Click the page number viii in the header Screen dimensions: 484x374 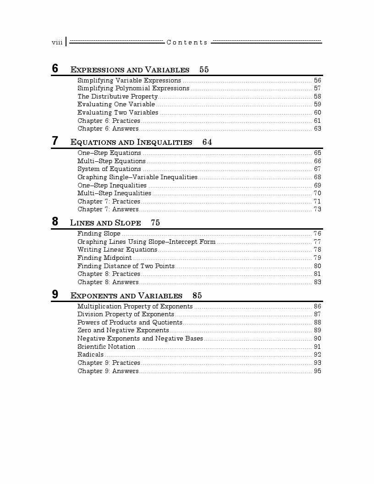(x=57, y=43)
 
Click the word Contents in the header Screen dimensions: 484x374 (x=187, y=43)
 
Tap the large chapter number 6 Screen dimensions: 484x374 (x=55, y=69)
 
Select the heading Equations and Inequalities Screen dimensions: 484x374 (x=131, y=142)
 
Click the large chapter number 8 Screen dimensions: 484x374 (x=55, y=222)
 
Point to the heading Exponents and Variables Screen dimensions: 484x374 (x=126, y=296)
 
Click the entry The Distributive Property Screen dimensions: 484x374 (x=117, y=97)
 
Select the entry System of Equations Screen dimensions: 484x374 (x=109, y=169)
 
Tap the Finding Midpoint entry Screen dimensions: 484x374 (x=104, y=258)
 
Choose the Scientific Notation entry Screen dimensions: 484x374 (x=106, y=346)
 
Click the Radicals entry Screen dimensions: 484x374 (x=90, y=355)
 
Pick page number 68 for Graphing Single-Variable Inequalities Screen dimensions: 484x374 (x=317, y=177)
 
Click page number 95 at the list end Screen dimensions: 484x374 (x=317, y=371)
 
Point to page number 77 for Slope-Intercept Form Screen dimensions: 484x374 (x=317, y=242)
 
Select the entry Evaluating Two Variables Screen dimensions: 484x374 (x=118, y=113)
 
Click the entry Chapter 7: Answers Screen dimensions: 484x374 (x=108, y=209)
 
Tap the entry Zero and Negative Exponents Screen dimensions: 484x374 (x=123, y=330)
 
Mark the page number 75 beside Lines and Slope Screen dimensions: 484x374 (x=155, y=223)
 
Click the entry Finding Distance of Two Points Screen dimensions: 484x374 (x=126, y=266)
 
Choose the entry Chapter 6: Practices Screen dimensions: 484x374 (x=109, y=121)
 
